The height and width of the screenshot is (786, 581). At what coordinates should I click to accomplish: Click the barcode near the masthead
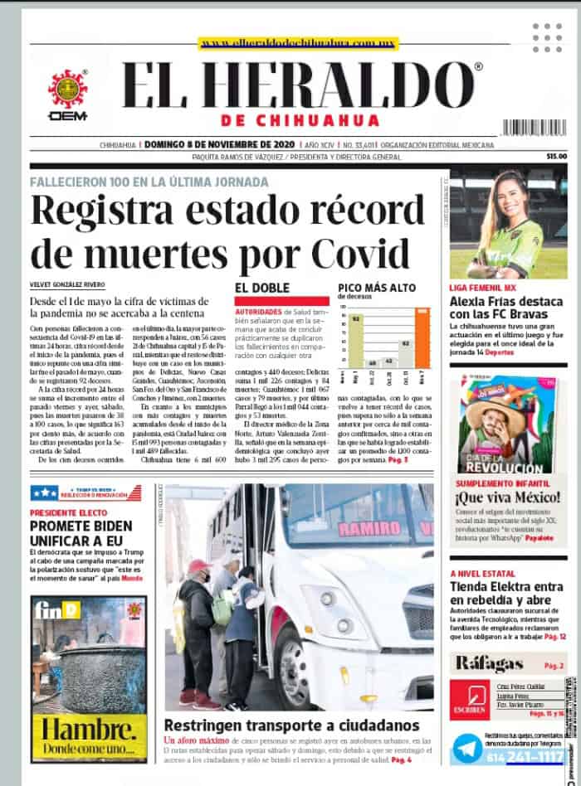click(x=534, y=127)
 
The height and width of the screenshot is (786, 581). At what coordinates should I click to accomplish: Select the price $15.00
click(x=556, y=156)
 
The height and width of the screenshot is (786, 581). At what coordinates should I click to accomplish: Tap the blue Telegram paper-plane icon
click(x=467, y=749)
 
